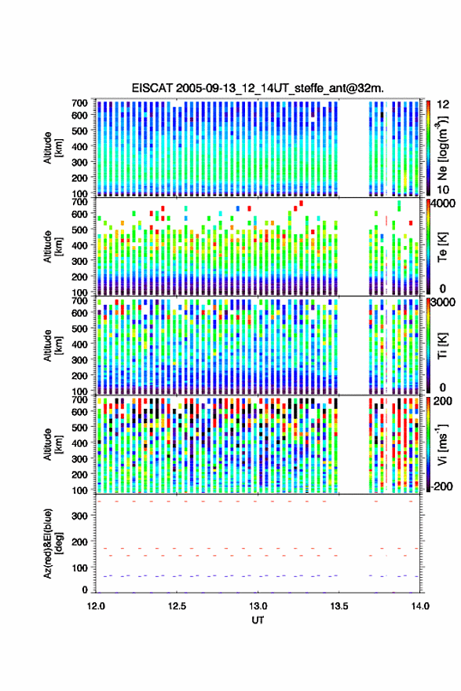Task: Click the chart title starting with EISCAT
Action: click(x=258, y=88)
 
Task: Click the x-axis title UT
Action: click(x=258, y=620)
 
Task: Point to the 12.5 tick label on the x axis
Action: click(x=177, y=606)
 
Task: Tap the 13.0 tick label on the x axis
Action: click(x=258, y=606)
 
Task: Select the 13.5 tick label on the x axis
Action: click(x=338, y=606)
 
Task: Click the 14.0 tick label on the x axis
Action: click(x=420, y=606)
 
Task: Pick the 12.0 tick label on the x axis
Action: click(x=96, y=606)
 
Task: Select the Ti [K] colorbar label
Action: click(x=442, y=346)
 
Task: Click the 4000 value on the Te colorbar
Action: click(x=443, y=204)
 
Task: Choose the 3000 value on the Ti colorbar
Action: click(x=443, y=303)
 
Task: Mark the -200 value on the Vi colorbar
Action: click(x=442, y=487)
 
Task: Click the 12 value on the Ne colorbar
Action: click(x=442, y=105)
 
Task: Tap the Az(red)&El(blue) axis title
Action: click(x=53, y=543)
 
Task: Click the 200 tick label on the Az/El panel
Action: click(x=79, y=542)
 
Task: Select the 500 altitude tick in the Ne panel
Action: click(x=79, y=130)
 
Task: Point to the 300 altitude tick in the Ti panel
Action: click(x=79, y=360)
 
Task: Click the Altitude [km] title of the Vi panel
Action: click(x=53, y=444)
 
